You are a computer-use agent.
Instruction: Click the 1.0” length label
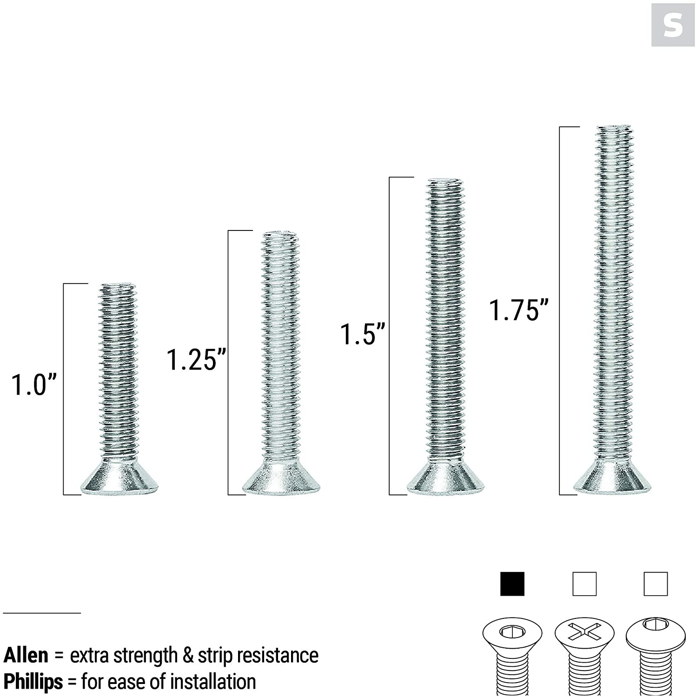tap(33, 385)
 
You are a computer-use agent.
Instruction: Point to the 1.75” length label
tap(518, 310)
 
